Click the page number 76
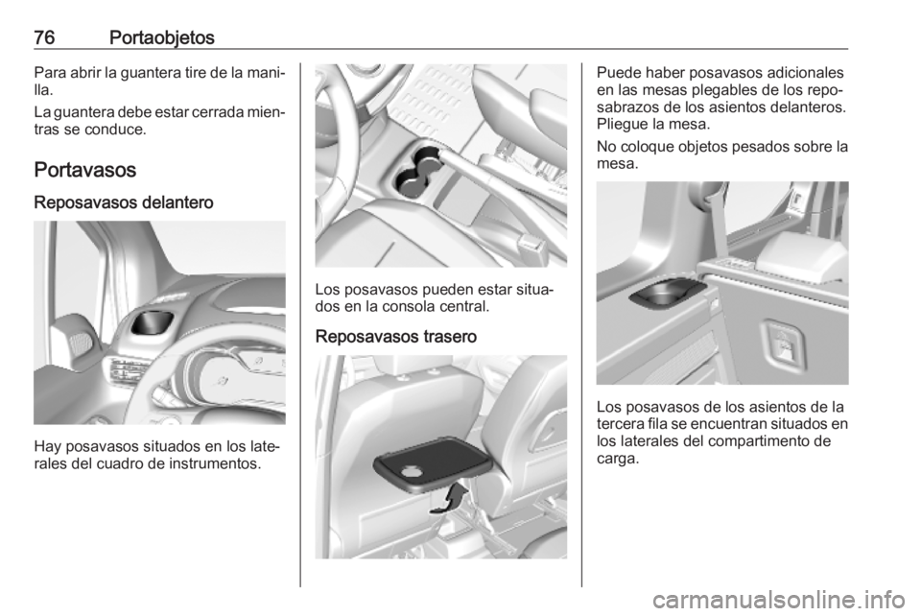click(44, 37)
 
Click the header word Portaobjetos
click(161, 37)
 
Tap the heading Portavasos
click(85, 170)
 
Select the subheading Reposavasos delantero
click(124, 202)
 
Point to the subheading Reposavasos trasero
click(396, 337)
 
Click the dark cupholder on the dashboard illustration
click(152, 321)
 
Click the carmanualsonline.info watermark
click(779, 600)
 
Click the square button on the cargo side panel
click(784, 346)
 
